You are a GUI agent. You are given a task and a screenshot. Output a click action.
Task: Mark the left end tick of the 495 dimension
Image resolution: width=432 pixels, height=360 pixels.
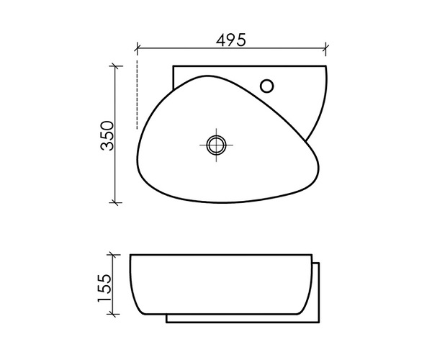point(136,50)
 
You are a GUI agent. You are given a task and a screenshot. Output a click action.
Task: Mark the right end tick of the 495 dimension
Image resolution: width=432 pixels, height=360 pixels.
point(326,50)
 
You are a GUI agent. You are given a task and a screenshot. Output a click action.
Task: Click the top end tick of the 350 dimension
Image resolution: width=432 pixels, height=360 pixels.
point(114,66)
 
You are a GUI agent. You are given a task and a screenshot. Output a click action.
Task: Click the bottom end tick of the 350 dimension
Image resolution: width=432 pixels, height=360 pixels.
point(114,203)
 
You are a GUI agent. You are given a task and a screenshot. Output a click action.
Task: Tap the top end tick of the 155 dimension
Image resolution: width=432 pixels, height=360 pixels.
point(112,254)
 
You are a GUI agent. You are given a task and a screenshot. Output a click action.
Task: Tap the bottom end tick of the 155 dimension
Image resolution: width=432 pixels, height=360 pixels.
point(112,316)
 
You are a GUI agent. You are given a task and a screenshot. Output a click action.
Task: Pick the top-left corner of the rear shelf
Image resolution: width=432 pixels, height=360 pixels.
point(174,67)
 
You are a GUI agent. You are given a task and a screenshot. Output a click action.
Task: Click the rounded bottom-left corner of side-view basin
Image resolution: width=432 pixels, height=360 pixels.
point(137,306)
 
